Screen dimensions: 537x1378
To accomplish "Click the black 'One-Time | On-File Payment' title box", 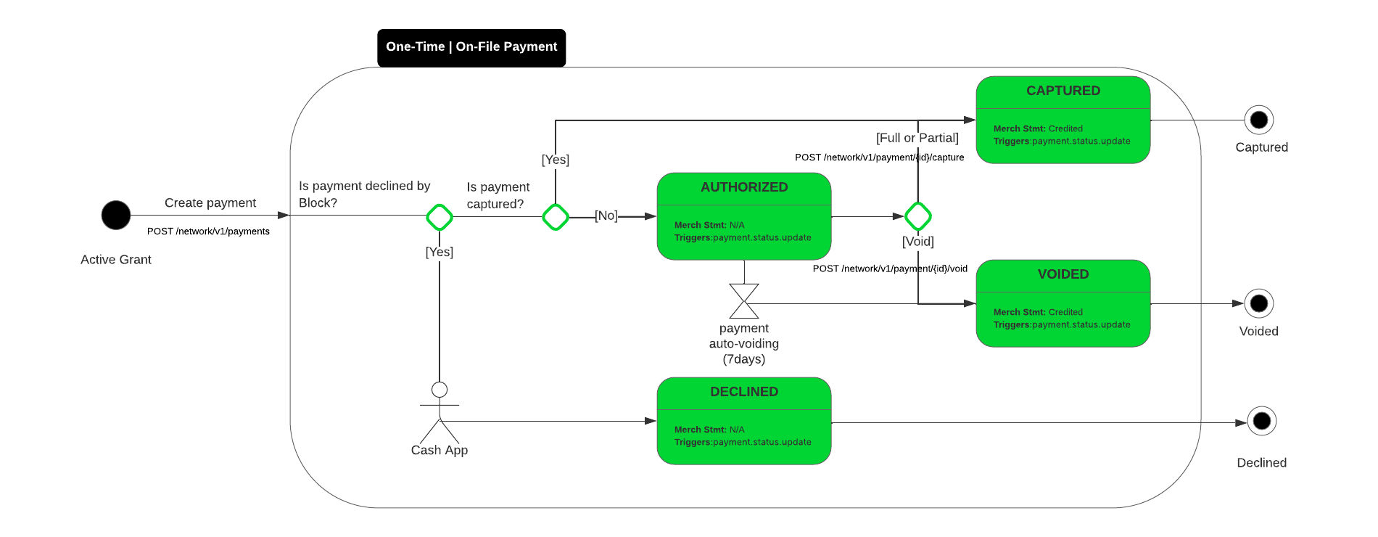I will (471, 47).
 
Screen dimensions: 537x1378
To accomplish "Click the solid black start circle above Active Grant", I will (116, 215).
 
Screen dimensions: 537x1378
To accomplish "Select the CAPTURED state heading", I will (1063, 91).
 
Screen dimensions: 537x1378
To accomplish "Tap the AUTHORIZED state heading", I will (743, 187).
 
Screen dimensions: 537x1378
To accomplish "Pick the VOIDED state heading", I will (1063, 274).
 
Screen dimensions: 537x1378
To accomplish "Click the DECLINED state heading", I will (743, 392).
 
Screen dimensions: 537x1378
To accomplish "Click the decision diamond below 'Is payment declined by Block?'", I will (440, 216).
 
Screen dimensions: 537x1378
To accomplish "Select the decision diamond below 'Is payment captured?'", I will (556, 216).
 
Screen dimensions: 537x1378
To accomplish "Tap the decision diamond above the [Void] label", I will (918, 216).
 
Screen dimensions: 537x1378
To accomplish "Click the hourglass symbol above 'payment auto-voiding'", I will (744, 301).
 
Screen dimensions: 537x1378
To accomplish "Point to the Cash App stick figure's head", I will (440, 390).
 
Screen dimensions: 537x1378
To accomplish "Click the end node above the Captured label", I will (1259, 120).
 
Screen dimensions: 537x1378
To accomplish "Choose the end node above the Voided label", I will (1259, 303).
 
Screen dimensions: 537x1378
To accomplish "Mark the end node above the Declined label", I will (1262, 421).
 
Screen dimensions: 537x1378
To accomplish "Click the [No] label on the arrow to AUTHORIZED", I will (606, 216).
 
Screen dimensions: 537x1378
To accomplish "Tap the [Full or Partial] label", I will (917, 138).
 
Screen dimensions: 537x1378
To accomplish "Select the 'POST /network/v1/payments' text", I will (208, 231).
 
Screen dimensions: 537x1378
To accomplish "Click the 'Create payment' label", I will (210, 203).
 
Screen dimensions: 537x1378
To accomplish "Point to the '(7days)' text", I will (743, 359).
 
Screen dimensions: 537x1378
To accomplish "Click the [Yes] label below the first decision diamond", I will (440, 252).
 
